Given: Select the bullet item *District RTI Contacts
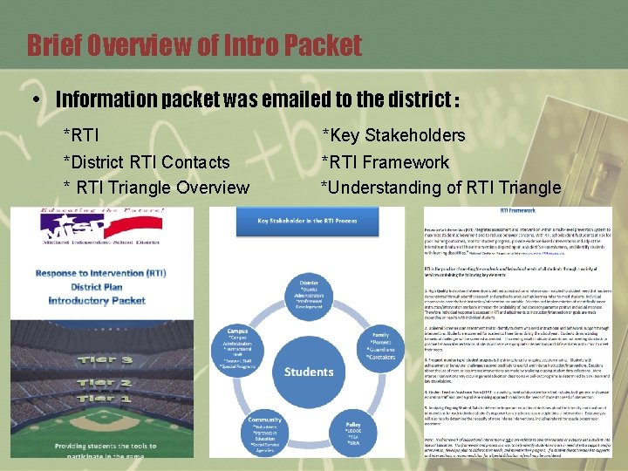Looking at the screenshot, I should coord(146,162).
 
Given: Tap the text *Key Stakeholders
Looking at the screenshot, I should coord(393,135).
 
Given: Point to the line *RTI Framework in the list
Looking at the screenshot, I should coord(385,162).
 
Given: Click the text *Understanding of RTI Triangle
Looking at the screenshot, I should coord(440,188).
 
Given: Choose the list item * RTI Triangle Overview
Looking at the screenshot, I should coord(155,188).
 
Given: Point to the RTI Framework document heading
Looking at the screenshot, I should coord(517,210).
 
